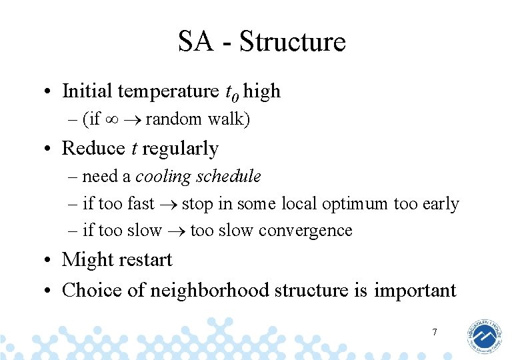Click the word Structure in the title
pyautogui.click(x=293, y=41)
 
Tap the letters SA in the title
pyautogui.click(x=195, y=41)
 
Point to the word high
pyautogui.click(x=262, y=91)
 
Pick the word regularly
pyautogui.click(x=181, y=149)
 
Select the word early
pyautogui.click(x=440, y=204)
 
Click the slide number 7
pyautogui.click(x=434, y=332)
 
